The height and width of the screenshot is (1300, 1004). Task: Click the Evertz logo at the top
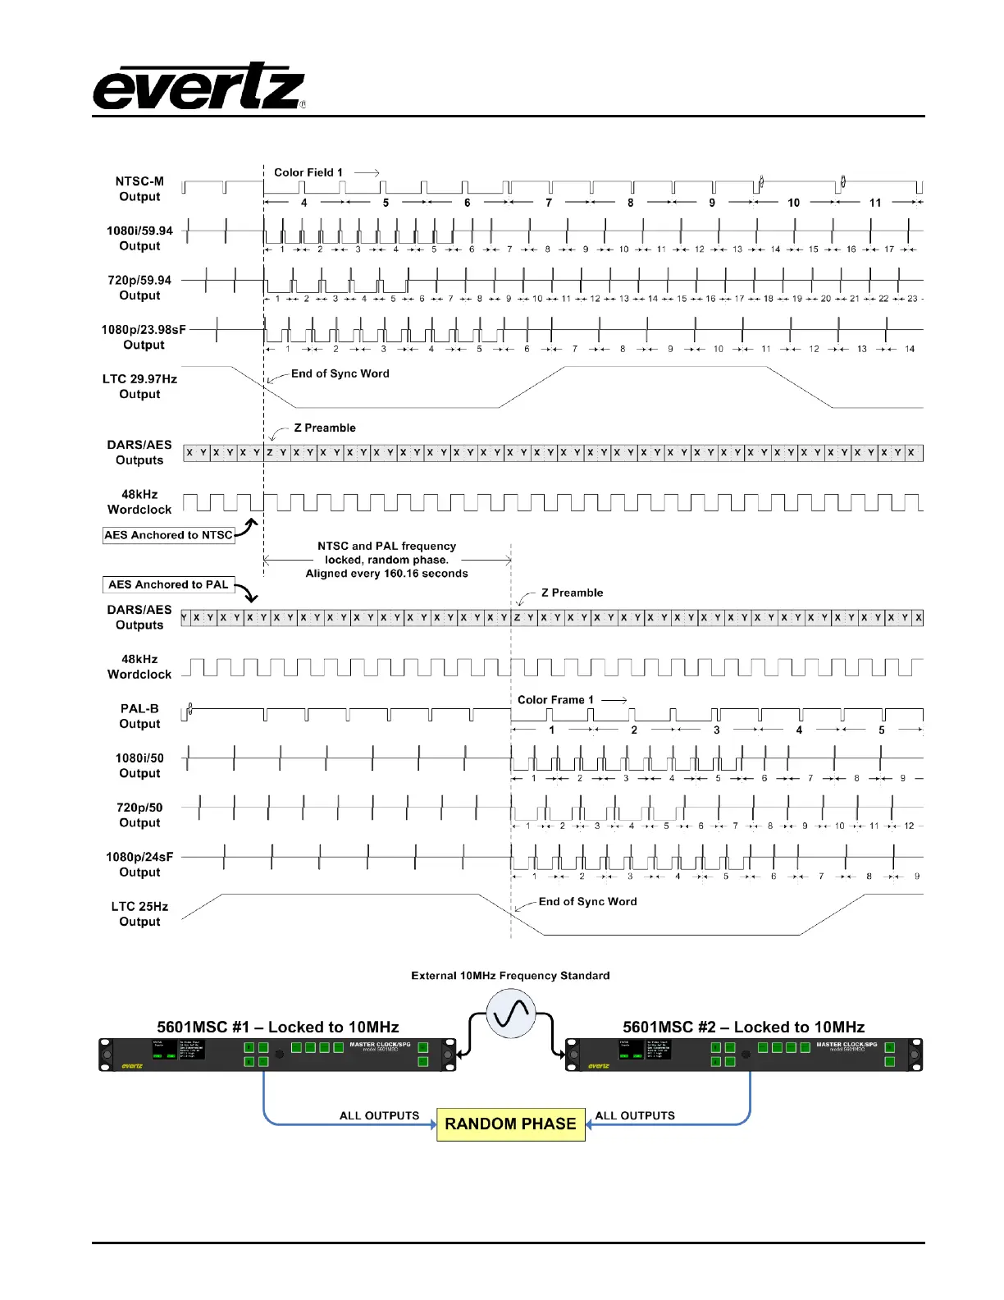pyautogui.click(x=199, y=87)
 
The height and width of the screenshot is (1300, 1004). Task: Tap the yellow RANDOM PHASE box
pyautogui.click(x=510, y=1124)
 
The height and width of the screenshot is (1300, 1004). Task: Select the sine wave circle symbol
pyautogui.click(x=511, y=1014)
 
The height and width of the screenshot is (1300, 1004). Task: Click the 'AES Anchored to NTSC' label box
pyautogui.click(x=168, y=535)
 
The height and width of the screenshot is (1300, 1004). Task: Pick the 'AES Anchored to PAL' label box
pyautogui.click(x=168, y=584)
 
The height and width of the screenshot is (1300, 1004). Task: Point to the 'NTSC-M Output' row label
pyautogui.click(x=139, y=189)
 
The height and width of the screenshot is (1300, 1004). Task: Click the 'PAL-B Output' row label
pyautogui.click(x=139, y=716)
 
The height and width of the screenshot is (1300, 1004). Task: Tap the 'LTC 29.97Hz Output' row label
pyautogui.click(x=139, y=387)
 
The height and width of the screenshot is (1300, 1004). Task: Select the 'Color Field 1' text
pyautogui.click(x=308, y=172)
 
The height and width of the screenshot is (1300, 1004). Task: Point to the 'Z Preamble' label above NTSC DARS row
pyautogui.click(x=325, y=428)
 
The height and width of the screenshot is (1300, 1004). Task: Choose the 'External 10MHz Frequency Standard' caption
pyautogui.click(x=510, y=976)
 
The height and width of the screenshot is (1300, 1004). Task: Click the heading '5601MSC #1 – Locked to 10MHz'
pyautogui.click(x=278, y=1027)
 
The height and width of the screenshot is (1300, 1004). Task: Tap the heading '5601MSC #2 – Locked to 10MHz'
pyautogui.click(x=743, y=1027)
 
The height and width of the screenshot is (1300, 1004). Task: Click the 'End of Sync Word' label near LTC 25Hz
pyautogui.click(x=587, y=901)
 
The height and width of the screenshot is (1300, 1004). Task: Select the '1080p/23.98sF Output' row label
pyautogui.click(x=144, y=337)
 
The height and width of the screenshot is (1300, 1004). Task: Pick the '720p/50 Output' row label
pyautogui.click(x=139, y=815)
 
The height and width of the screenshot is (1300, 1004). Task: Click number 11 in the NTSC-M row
pyautogui.click(x=875, y=203)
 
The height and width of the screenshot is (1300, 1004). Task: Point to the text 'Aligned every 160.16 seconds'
pyautogui.click(x=386, y=574)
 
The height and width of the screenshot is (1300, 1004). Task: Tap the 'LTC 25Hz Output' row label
pyautogui.click(x=139, y=914)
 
